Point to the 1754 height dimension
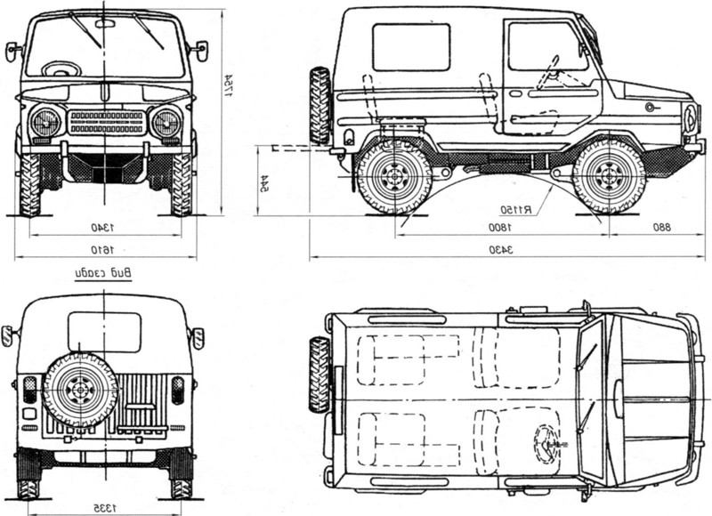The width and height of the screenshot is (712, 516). [228, 87]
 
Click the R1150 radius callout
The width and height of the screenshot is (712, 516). [515, 210]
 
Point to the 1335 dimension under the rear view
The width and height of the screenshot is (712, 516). [107, 507]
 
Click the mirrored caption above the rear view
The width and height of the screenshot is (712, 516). [107, 273]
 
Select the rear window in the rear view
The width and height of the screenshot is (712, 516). [105, 331]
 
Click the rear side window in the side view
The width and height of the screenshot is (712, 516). [411, 47]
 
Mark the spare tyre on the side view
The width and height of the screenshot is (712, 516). [320, 105]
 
